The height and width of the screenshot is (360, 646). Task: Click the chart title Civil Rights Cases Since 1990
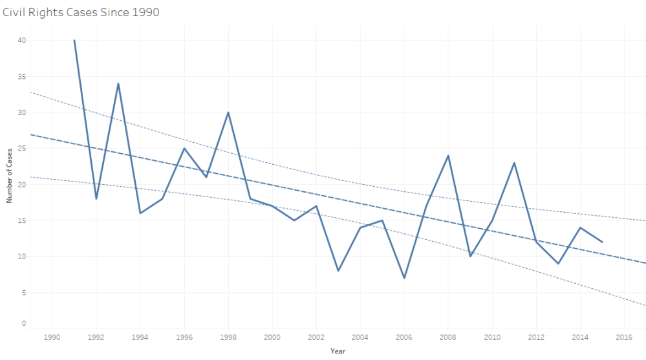coord(81,12)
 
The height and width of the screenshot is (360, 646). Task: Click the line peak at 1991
coord(74,40)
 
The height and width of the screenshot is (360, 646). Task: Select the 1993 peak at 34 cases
coord(118,83)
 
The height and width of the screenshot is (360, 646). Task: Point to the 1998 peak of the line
coord(228,112)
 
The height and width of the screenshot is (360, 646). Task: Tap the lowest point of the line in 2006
coord(404,278)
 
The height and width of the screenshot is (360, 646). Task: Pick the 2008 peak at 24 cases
coord(448,156)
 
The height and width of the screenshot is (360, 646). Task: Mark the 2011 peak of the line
coord(514,163)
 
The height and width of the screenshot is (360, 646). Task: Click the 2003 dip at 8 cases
coord(338,271)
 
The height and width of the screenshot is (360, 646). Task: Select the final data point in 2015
coord(602,242)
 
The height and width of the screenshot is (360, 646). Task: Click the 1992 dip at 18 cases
coord(96,198)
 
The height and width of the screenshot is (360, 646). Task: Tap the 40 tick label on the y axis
coord(22,40)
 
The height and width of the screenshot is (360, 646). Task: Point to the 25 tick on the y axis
coord(22,148)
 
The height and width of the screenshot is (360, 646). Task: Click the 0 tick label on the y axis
coord(24,323)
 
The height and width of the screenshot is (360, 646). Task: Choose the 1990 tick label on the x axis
coord(52,337)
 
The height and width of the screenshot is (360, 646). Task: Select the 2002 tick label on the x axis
coord(316,337)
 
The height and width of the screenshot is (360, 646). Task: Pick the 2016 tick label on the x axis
coord(624,337)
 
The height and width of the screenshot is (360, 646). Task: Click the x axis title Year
coord(338,351)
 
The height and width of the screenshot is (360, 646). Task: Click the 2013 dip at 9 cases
coord(558,263)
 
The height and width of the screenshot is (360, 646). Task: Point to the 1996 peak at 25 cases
coord(184,148)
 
